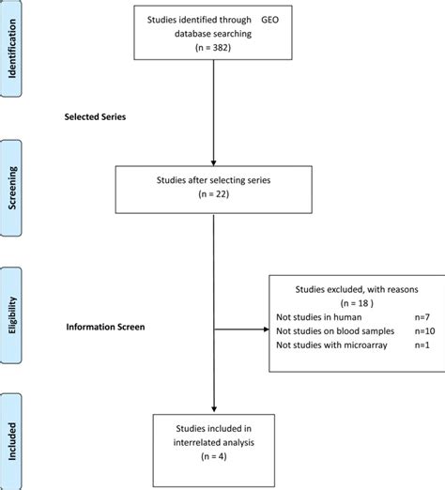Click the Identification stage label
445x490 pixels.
[12, 49]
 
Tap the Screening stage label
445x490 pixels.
[12, 188]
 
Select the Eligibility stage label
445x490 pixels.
[12, 315]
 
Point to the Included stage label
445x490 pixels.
[12, 441]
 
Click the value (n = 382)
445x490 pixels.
[213, 48]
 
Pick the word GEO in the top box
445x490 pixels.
[269, 20]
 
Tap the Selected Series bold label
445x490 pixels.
[95, 116]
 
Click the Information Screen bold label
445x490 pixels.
[105, 327]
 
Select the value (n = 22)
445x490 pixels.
[214, 194]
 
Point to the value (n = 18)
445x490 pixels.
[357, 303]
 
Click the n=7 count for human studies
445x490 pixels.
[422, 317]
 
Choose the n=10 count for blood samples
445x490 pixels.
[424, 331]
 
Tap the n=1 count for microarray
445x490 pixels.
[422, 345]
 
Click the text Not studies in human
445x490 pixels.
[319, 317]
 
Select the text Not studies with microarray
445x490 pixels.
[331, 345]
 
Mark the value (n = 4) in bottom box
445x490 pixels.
[214, 456]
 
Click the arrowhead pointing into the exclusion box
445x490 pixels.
[267, 329]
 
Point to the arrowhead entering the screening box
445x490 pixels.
[213, 163]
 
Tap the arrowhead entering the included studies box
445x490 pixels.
[214, 409]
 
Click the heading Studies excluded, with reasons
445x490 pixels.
[357, 289]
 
